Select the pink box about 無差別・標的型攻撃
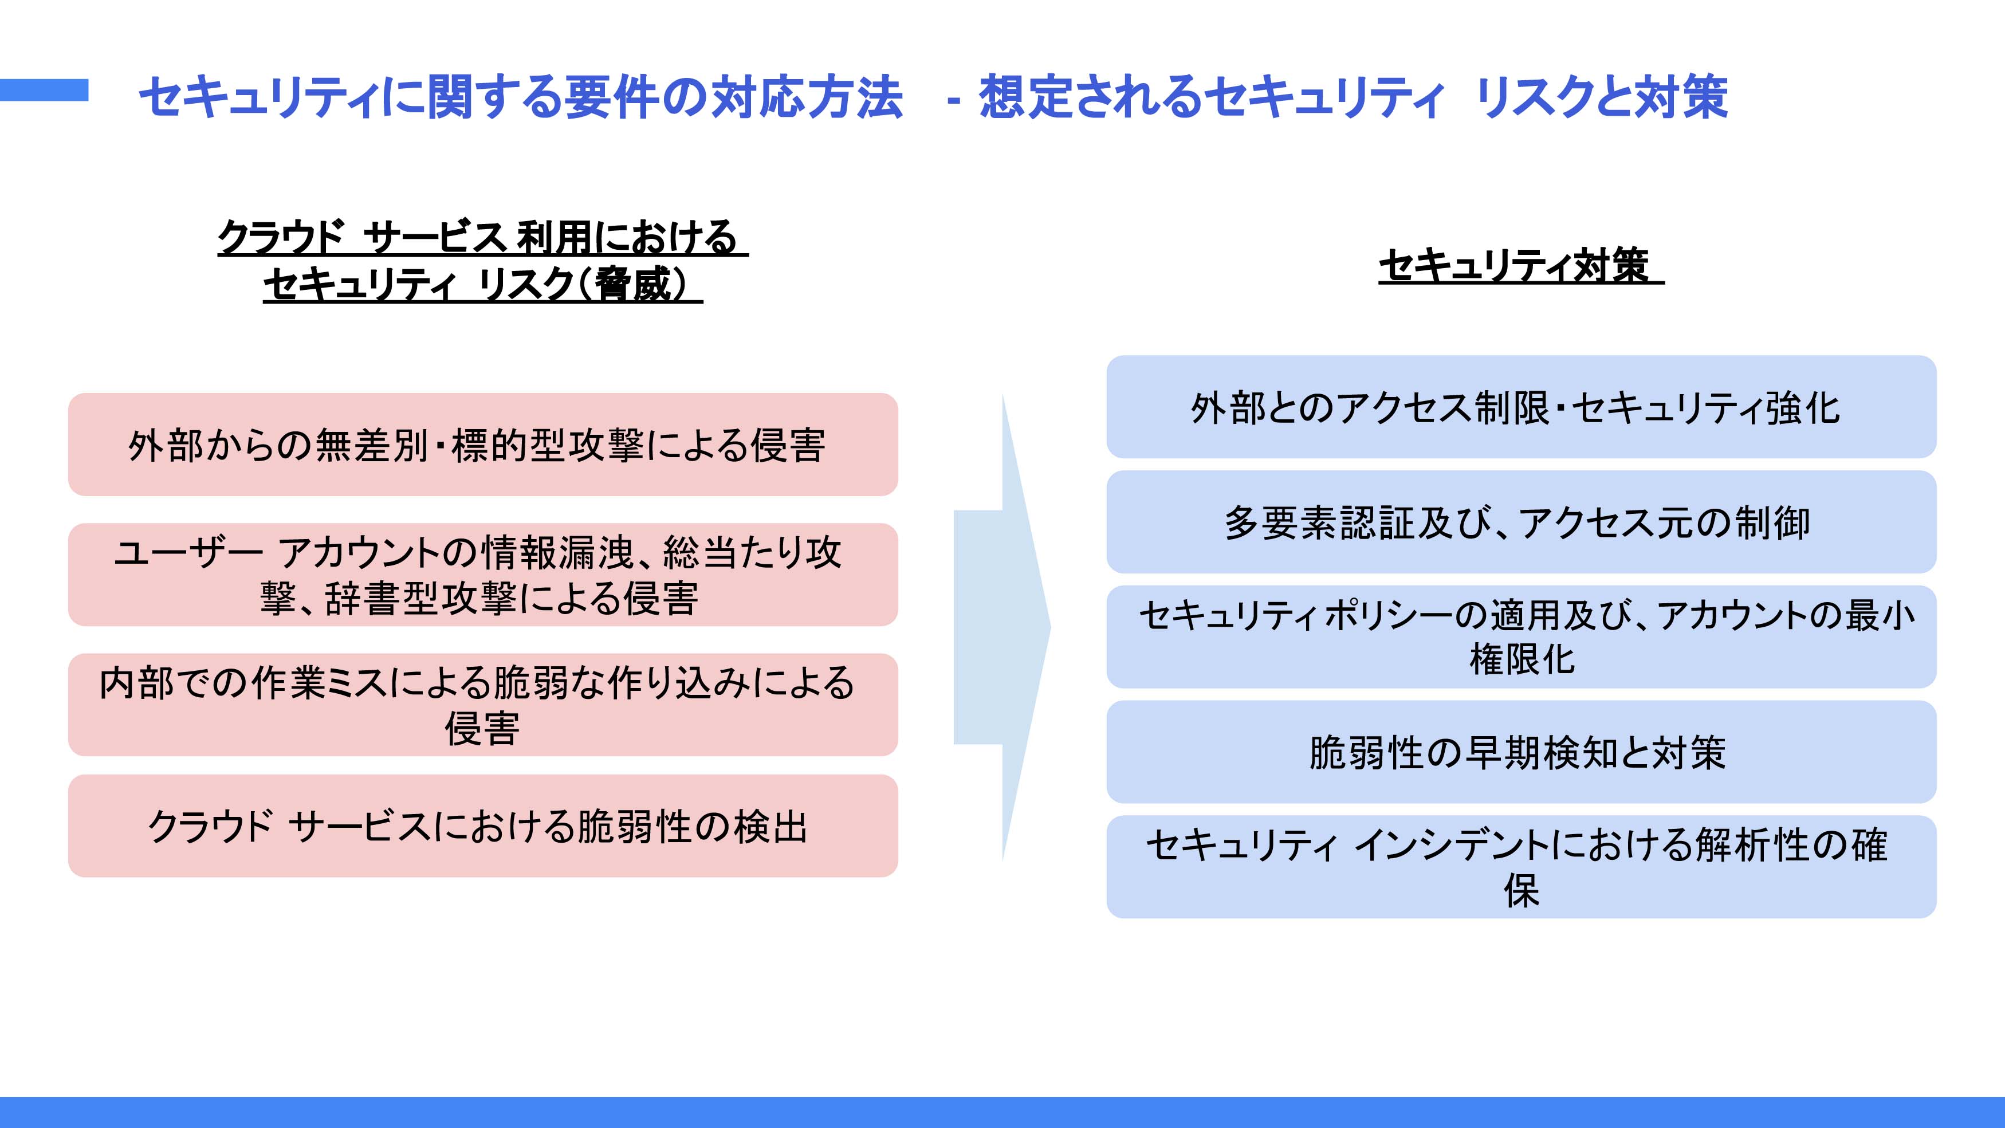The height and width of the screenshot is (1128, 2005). click(x=482, y=445)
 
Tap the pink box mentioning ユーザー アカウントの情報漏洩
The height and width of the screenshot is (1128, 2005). click(x=482, y=575)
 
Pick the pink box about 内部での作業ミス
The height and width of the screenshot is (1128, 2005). click(x=482, y=705)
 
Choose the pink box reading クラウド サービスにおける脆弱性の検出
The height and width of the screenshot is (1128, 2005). click(x=482, y=826)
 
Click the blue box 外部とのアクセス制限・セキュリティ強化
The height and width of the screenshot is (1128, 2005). click(x=1521, y=407)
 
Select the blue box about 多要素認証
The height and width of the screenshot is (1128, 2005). click(x=1521, y=521)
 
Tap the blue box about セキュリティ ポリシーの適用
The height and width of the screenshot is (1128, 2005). click(x=1521, y=637)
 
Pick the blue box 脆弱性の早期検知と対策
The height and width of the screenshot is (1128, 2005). click(x=1521, y=752)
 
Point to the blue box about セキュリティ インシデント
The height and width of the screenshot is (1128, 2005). click(x=1521, y=866)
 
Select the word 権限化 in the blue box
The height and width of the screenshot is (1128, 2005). click(x=1522, y=660)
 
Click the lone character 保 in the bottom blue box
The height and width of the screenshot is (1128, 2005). click(x=1522, y=891)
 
